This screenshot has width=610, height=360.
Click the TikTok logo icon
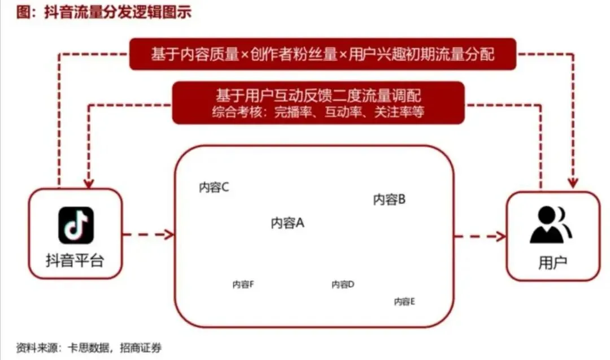coord(76,225)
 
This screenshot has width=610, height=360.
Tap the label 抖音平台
coord(75,261)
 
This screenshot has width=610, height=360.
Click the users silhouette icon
coord(551,224)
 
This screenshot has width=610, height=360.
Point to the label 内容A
coord(287,223)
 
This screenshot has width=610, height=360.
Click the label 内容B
coord(389,199)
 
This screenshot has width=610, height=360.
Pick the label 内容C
coord(213,188)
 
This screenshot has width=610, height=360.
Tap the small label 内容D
coord(342,284)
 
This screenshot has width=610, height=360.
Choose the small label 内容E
coord(404,301)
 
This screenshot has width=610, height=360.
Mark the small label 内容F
coord(243,284)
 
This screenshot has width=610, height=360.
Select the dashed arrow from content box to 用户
coord(480,236)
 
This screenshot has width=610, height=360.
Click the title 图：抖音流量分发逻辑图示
coord(104,12)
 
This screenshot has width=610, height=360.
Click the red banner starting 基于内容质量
coord(323,54)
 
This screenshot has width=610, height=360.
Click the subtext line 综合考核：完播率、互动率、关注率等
coord(319,112)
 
